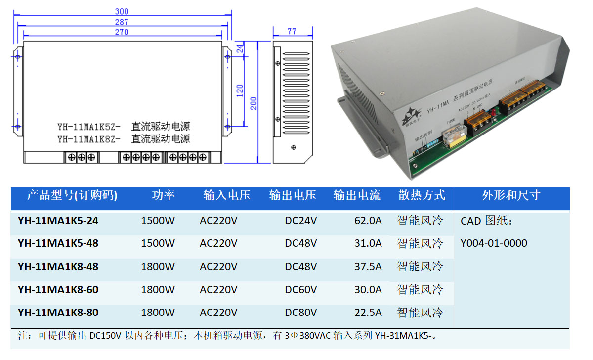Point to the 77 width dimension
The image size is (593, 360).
click(292, 31)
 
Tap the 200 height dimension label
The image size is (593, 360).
click(254, 103)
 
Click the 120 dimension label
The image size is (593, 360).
click(240, 90)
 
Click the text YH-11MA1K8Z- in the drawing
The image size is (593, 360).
click(89, 139)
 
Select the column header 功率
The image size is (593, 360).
click(163, 195)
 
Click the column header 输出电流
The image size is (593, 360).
click(357, 195)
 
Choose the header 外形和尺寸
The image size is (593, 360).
click(511, 195)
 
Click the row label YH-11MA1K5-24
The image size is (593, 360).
click(58, 221)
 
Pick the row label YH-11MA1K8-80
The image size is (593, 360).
click(58, 313)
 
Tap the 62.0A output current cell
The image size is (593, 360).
click(368, 221)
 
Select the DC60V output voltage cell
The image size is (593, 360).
click(300, 290)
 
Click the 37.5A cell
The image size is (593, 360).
click(368, 267)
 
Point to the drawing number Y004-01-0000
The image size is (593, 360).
click(494, 243)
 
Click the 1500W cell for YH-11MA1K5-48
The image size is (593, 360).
click(158, 243)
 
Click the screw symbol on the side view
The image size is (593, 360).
click(295, 147)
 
